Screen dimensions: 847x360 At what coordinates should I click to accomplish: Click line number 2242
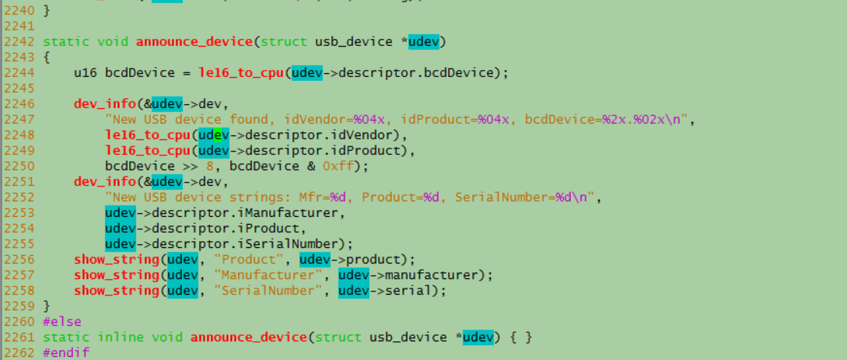[17, 41]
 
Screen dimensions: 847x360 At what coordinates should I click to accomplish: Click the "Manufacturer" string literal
[268, 274]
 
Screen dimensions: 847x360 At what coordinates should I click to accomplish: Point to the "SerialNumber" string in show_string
[268, 290]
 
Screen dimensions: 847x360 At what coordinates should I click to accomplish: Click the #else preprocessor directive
[61, 321]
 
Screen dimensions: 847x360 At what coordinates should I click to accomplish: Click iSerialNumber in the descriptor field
[296, 243]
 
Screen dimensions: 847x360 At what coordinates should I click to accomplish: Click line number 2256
[17, 259]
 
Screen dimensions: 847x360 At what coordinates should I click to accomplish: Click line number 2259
[17, 306]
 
